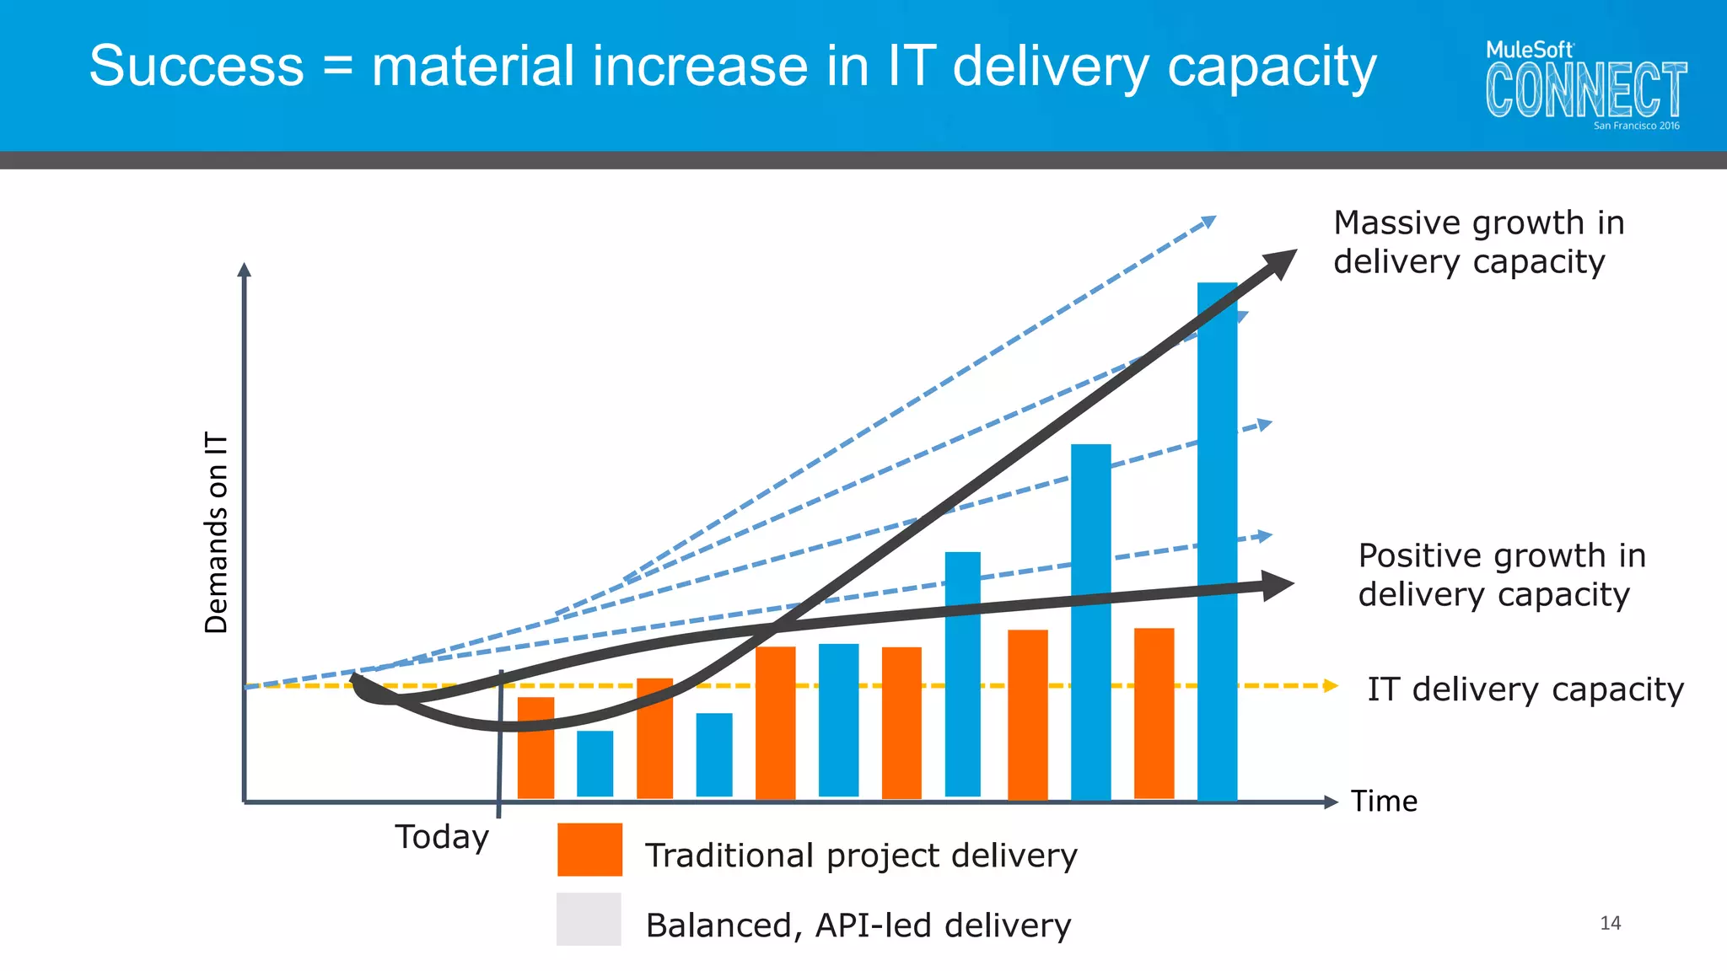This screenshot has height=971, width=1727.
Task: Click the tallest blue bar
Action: [x=1217, y=539]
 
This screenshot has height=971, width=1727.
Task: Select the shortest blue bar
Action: [x=594, y=763]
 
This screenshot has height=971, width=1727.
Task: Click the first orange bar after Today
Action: [x=535, y=747]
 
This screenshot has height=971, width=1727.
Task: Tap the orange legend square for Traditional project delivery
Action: [x=589, y=850]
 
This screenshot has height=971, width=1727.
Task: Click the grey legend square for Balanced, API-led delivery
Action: [x=589, y=919]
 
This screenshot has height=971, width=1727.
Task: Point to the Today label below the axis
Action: [x=442, y=837]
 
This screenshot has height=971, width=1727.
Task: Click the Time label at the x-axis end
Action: [x=1384, y=801]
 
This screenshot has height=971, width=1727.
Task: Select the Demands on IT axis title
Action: [x=217, y=533]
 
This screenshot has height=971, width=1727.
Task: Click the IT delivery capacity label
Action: [x=1525, y=689]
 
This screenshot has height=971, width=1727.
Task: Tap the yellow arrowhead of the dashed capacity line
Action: [x=1331, y=685]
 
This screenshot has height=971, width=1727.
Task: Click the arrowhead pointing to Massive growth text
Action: [x=1281, y=262]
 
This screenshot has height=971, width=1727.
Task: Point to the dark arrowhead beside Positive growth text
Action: [x=1278, y=585]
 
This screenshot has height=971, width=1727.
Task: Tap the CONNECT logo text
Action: [x=1585, y=89]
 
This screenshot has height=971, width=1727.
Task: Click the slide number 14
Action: [x=1610, y=923]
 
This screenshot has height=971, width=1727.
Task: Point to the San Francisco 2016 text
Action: [x=1636, y=126]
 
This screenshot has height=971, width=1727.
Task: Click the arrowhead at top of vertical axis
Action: [x=245, y=270]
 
